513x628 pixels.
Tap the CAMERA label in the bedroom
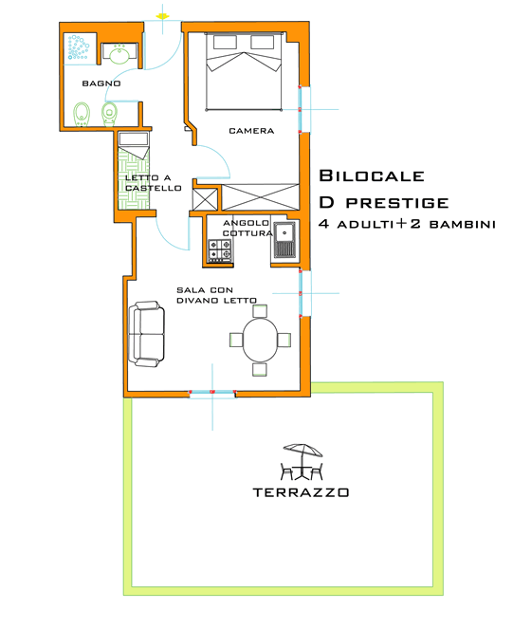251,131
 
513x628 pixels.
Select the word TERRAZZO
302,492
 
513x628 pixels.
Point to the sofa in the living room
147,333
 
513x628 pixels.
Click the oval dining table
258,340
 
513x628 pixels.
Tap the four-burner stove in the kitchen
220,251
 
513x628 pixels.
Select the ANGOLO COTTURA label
247,228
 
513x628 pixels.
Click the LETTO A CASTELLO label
152,183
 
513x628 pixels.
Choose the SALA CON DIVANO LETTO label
217,295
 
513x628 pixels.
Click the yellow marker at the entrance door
163,16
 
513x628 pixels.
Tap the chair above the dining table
259,310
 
